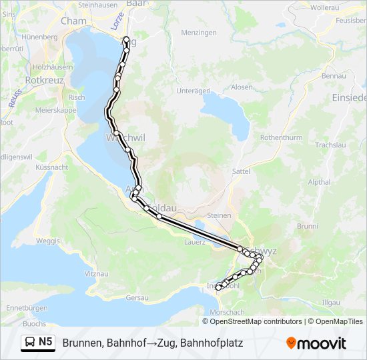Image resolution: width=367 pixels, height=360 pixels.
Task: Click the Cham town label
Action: [x=73, y=21]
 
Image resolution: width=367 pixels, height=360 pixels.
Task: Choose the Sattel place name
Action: [x=240, y=171]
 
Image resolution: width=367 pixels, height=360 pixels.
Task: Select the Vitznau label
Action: [x=97, y=274]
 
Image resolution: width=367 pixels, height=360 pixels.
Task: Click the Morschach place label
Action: [x=226, y=312]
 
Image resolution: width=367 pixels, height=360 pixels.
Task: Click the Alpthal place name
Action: [x=319, y=181]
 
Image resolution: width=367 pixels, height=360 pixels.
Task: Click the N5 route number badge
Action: [x=45, y=342]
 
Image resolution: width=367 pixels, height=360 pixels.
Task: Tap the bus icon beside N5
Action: [x=30, y=343]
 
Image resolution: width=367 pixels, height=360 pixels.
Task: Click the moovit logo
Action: [x=316, y=343]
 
